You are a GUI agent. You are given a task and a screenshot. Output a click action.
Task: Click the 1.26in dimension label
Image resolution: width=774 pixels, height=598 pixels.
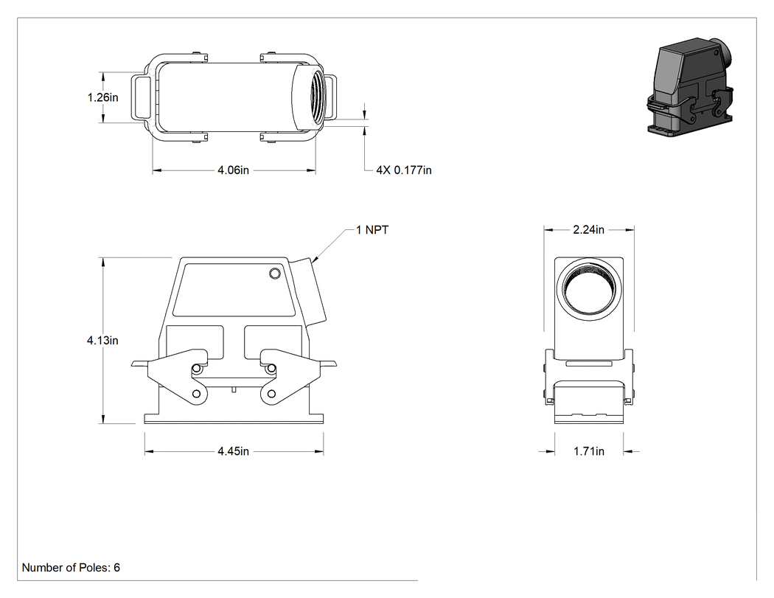[x=102, y=98]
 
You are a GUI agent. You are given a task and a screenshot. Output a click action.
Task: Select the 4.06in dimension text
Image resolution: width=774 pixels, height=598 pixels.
[x=233, y=170]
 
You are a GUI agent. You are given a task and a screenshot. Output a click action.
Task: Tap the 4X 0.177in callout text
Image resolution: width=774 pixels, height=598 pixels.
[x=404, y=170]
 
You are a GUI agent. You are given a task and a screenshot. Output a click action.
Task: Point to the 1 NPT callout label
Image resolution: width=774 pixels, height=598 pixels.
[x=372, y=230]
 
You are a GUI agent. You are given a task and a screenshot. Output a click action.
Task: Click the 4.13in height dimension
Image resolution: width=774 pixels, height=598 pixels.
[x=102, y=340]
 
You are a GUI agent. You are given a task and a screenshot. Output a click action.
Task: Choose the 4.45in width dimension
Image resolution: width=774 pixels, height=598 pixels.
[x=234, y=451]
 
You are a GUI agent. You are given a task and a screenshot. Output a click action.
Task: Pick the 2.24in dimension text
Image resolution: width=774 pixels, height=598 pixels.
[x=588, y=229]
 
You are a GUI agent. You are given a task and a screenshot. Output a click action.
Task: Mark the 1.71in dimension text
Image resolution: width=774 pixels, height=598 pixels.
[x=588, y=451]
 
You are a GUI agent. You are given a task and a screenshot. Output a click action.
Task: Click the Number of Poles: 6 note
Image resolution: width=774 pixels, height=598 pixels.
[x=71, y=568]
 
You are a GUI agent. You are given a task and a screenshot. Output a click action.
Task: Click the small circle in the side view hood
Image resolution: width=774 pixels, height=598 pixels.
[x=275, y=274]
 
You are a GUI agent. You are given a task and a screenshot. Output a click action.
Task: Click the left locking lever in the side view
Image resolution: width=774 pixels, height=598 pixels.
[x=177, y=378]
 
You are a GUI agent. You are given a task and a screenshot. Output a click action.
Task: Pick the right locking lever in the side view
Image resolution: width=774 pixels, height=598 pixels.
[x=292, y=378]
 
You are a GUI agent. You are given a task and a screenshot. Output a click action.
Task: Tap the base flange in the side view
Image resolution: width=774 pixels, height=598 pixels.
[x=234, y=419]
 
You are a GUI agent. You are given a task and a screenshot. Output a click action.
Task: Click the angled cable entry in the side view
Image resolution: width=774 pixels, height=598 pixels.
[x=309, y=291]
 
